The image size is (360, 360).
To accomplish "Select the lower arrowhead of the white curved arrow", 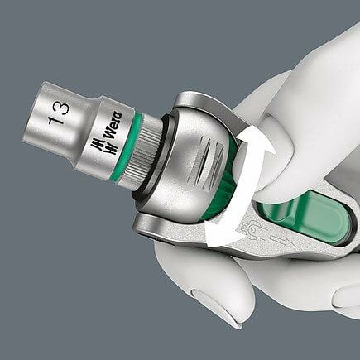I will (x=210, y=240).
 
